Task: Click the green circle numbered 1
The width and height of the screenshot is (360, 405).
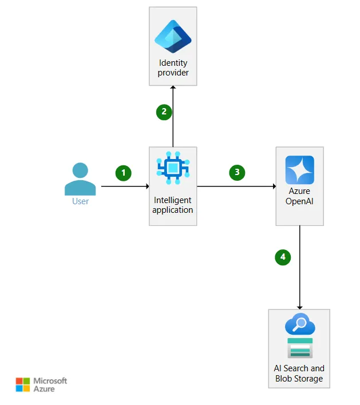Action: coord(123,173)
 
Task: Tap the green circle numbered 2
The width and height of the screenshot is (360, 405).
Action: coord(164,112)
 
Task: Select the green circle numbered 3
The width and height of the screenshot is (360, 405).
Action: coord(237,173)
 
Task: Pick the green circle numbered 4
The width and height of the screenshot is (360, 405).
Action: coord(283,257)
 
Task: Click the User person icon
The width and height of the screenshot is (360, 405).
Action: coord(80,178)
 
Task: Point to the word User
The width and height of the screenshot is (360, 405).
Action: coord(80,201)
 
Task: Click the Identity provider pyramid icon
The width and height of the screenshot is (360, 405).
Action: coord(173,37)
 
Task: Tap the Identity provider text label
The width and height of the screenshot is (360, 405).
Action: coord(173,67)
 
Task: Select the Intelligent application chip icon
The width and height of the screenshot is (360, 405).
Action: coord(173,168)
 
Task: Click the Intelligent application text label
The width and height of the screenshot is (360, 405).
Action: coord(173,205)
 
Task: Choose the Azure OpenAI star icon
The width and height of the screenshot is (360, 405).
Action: coord(300,170)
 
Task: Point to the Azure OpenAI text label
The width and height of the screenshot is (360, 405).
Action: coord(299,196)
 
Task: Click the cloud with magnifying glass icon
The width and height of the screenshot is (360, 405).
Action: coord(300,324)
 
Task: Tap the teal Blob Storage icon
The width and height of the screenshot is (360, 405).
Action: coord(300,348)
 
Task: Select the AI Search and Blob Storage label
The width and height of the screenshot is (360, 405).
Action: coord(299,374)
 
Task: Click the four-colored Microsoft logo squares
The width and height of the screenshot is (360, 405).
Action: coord(23,384)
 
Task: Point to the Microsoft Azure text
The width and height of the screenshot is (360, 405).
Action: coord(50,385)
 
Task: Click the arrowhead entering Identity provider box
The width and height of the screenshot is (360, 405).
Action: coord(173,88)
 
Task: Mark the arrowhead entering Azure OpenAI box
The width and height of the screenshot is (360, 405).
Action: coord(274,186)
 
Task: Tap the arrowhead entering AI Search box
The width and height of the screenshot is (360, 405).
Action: coord(300,308)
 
